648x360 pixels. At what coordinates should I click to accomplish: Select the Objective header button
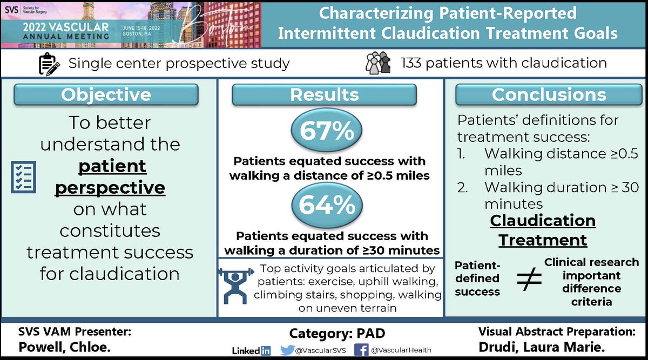tap(106, 94)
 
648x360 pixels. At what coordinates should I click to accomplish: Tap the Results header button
tap(325, 94)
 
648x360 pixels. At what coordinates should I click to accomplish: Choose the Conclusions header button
tap(549, 94)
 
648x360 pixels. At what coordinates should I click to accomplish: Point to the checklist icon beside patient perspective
tap(24, 177)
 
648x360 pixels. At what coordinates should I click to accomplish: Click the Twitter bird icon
tap(287, 350)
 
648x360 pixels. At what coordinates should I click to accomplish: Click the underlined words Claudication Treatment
tap(543, 230)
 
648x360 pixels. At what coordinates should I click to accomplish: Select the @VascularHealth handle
tap(401, 350)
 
